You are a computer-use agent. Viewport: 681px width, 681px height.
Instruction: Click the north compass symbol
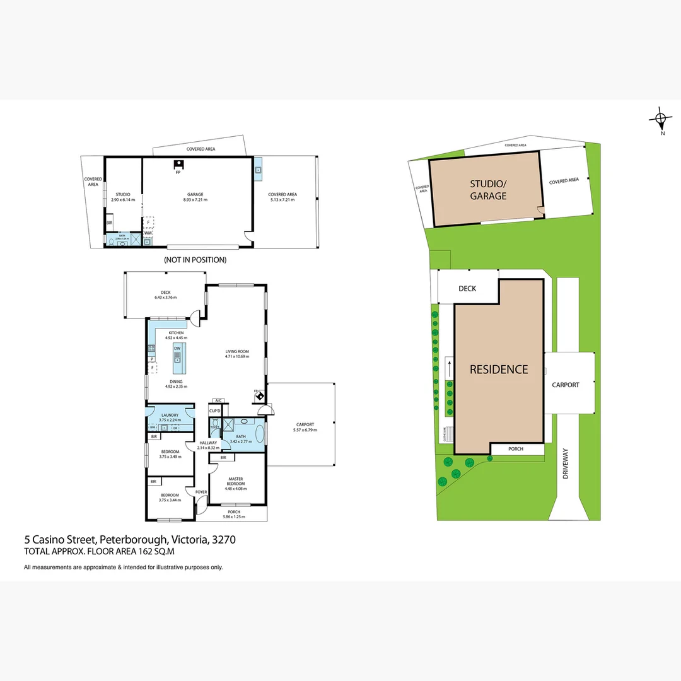[x=660, y=119]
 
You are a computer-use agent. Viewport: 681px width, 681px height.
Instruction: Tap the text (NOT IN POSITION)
[x=195, y=260]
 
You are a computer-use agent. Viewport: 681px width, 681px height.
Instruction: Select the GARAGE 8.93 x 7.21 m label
[x=195, y=197]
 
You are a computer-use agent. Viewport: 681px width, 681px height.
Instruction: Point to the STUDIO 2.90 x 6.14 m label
[x=123, y=197]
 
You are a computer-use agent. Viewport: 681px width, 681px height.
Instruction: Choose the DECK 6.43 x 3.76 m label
[x=166, y=295]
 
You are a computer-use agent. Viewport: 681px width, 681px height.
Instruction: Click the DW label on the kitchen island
[x=177, y=348]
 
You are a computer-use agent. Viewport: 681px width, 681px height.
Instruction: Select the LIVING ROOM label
[x=237, y=354]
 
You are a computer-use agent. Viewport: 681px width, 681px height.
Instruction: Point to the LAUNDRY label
[x=170, y=417]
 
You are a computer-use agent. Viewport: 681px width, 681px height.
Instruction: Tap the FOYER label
[x=201, y=492]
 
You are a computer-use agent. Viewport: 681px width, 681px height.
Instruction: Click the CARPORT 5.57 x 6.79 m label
[x=305, y=427]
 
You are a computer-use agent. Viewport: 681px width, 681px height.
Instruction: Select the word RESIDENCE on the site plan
[x=499, y=370]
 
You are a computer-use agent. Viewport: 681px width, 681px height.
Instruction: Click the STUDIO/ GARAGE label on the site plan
[x=488, y=190]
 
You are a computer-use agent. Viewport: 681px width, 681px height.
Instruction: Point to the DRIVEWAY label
[x=566, y=463]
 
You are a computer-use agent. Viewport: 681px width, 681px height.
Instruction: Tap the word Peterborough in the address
[x=132, y=540]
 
